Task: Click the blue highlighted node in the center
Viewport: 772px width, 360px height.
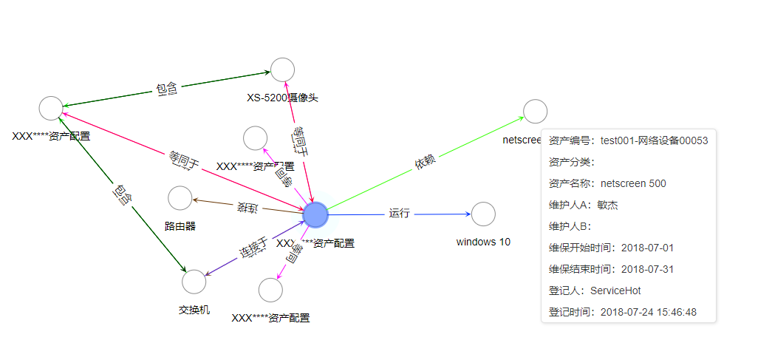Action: click(315, 214)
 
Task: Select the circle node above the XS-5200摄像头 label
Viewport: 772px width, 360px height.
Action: click(282, 69)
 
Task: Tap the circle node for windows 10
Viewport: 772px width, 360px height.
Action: click(483, 214)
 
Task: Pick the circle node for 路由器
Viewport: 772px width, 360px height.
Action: click(180, 198)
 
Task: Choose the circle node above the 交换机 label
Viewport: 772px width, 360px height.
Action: click(194, 282)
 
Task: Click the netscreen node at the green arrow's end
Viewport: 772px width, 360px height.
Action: click(535, 111)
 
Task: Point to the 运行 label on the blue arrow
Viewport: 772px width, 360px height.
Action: click(400, 214)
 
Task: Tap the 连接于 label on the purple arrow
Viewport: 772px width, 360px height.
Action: click(253, 248)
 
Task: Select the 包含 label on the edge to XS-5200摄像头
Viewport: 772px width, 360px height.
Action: click(166, 89)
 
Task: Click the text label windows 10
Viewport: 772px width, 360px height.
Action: click(483, 242)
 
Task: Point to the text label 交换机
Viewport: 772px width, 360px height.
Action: click(194, 310)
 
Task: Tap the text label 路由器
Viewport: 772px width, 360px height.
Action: click(180, 226)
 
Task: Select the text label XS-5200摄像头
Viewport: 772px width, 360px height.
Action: click(282, 98)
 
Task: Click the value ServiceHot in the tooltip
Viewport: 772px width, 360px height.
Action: click(615, 291)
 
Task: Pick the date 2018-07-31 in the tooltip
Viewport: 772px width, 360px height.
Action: click(647, 270)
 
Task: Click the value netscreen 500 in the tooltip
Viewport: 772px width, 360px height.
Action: click(633, 183)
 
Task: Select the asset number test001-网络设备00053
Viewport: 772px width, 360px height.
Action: click(654, 140)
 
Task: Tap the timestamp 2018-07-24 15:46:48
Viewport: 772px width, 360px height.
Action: click(648, 313)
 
